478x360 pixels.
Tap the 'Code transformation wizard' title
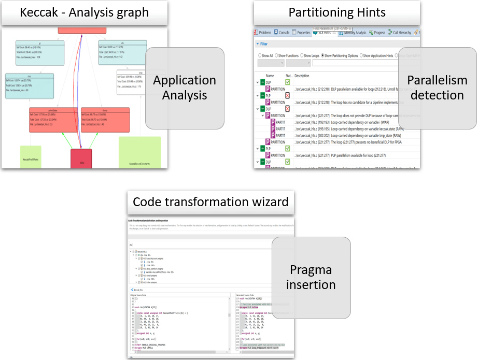[x=210, y=201]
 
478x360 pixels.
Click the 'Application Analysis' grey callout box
[x=184, y=88]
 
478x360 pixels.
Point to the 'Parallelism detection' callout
[x=437, y=88]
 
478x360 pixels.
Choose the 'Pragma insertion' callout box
[x=311, y=277]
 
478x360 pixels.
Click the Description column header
[x=302, y=76]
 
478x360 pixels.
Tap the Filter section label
[x=264, y=44]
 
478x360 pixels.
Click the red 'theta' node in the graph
[x=101, y=119]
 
